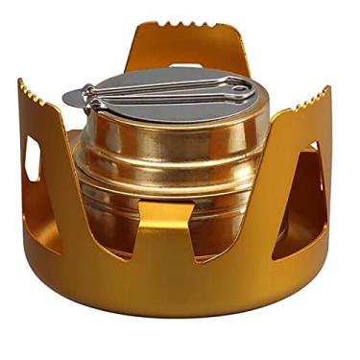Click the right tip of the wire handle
(x=252, y=92)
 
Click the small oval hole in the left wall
(x=33, y=157)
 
